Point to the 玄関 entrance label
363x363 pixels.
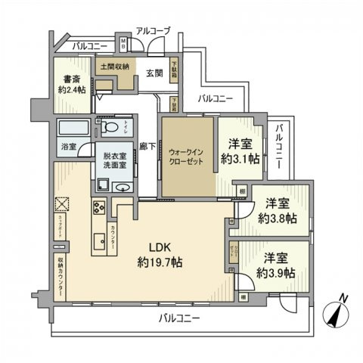[x=154, y=73]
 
